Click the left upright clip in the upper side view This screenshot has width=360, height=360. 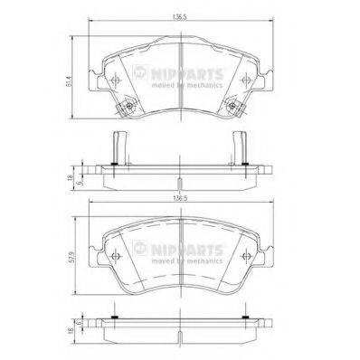116,147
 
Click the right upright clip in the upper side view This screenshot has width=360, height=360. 242,147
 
